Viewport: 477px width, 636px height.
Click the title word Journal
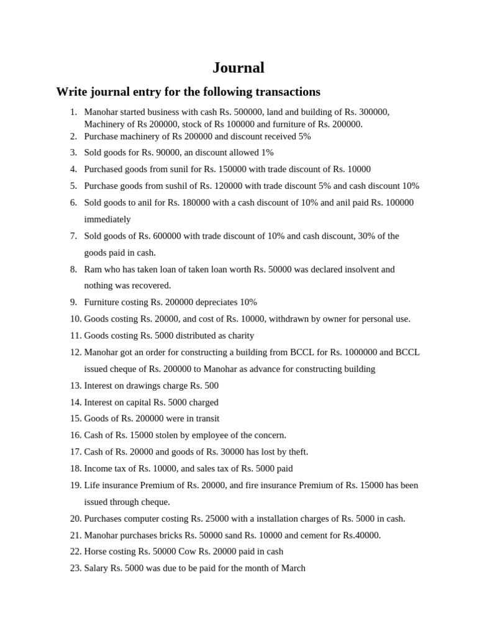coord(238,68)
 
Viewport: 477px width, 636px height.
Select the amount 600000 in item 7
coord(166,236)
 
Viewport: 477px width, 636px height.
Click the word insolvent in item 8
coord(360,270)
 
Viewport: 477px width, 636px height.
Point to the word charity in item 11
coord(240,335)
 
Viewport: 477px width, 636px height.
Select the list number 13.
coord(75,386)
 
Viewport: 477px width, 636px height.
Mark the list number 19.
coord(75,485)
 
